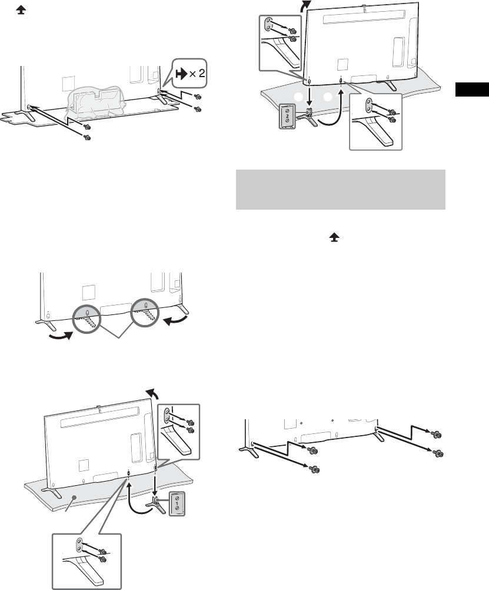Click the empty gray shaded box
(x=340, y=190)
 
